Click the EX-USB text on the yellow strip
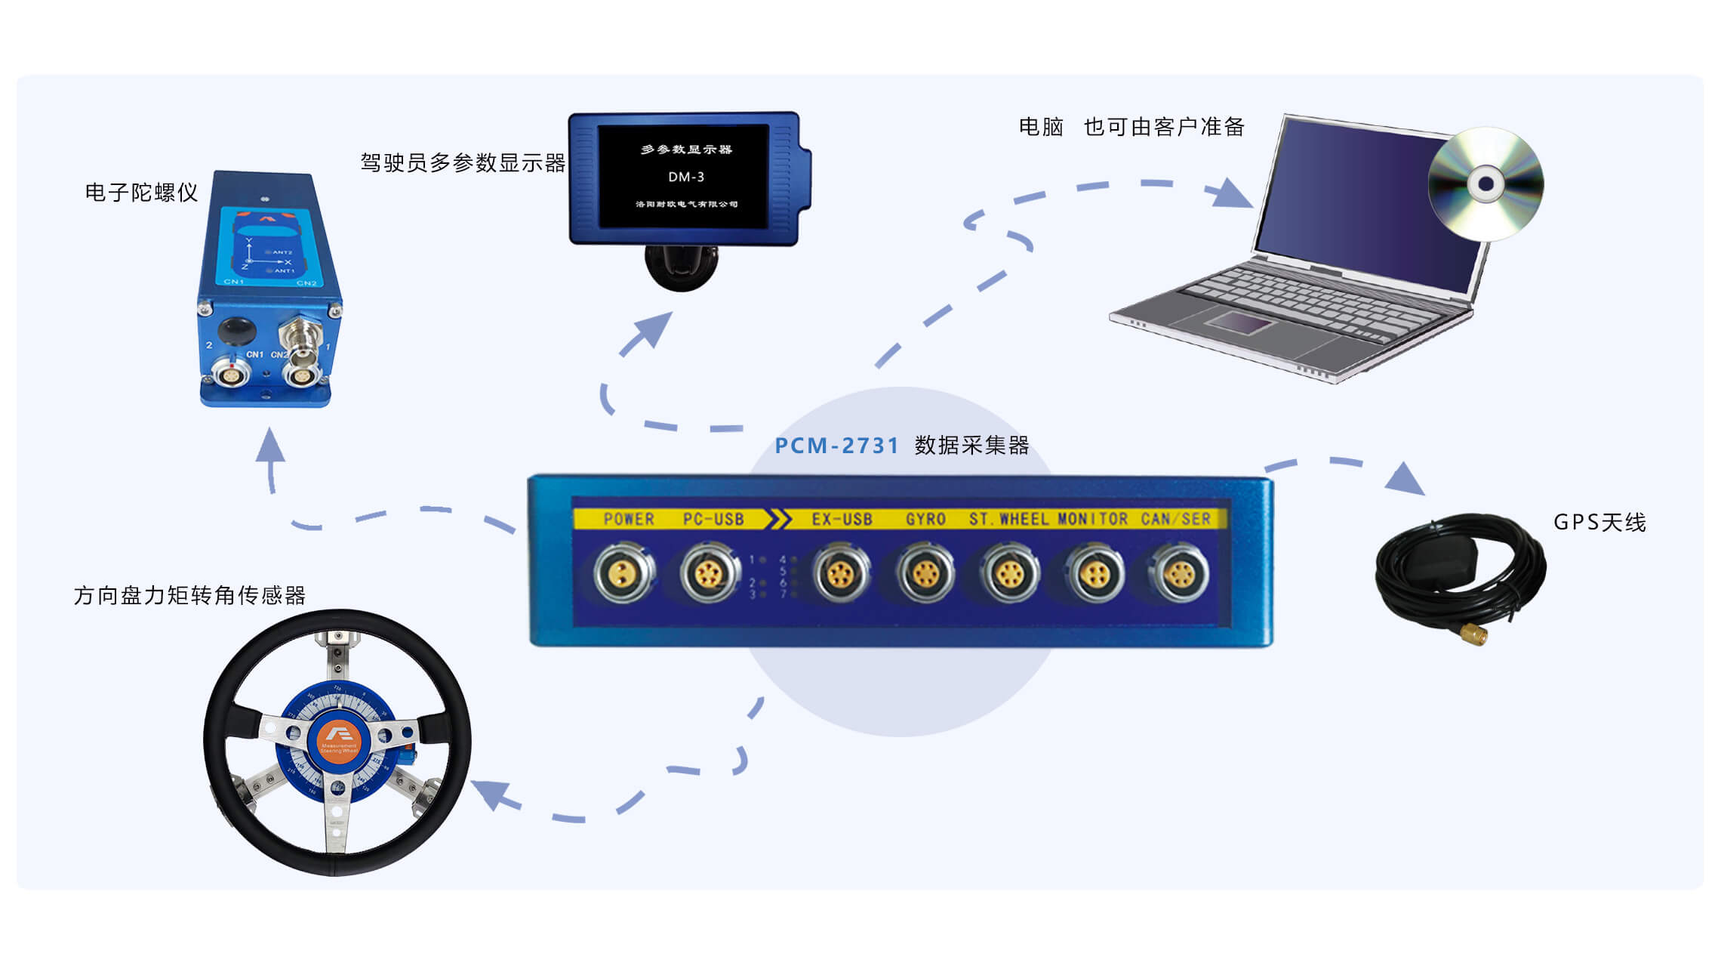click(842, 520)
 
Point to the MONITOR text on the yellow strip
click(1092, 519)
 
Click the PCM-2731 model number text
click(836, 446)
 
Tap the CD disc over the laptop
click(1485, 184)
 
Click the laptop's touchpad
click(1239, 322)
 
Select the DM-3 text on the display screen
click(685, 177)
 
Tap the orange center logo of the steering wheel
click(339, 742)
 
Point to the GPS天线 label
click(1599, 523)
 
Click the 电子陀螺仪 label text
click(141, 193)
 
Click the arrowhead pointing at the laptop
click(1230, 194)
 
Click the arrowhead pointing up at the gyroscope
click(269, 445)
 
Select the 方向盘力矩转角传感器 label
click(189, 596)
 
